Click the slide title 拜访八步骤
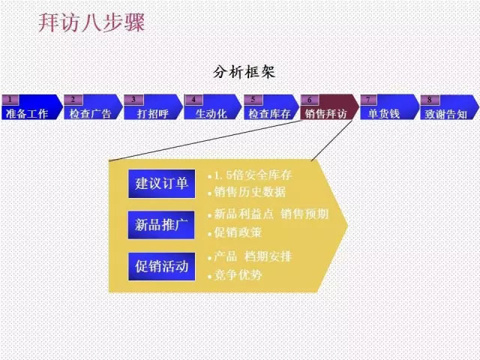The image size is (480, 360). pos(91,22)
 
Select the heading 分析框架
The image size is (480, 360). pos(244,72)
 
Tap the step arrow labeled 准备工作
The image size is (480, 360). pos(31,107)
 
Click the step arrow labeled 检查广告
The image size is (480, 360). pos(93,107)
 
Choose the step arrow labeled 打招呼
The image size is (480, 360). pos(153,107)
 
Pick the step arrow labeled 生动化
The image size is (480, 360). pos(213,107)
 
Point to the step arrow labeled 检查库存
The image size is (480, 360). pos(271,107)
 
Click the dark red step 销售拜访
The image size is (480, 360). pos(330,107)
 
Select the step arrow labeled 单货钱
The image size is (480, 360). pos(389,107)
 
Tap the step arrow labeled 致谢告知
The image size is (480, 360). pos(449,107)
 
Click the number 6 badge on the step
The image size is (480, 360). pos(310,100)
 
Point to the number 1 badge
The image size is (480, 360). pos(10,100)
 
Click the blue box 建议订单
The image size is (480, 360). pos(162,184)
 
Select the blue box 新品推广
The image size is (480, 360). pos(161,225)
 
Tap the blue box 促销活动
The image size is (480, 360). pos(162,266)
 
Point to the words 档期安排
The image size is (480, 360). pos(268,256)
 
